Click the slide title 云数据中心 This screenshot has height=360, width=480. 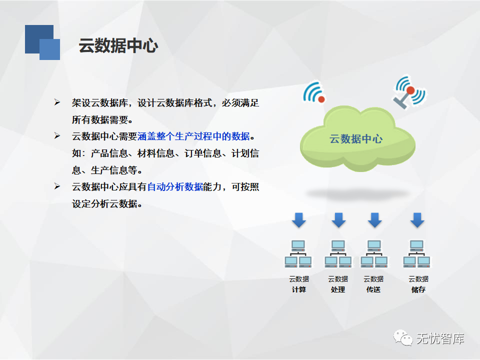(x=118, y=45)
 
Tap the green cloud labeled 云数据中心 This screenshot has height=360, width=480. (x=357, y=138)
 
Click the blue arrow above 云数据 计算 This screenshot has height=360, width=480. (x=299, y=220)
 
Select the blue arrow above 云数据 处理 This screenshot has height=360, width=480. (x=338, y=220)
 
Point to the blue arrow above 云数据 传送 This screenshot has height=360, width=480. (x=374, y=220)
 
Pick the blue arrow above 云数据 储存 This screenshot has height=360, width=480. (x=417, y=220)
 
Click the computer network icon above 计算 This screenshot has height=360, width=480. (x=298, y=254)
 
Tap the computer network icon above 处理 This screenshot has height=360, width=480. (x=338, y=254)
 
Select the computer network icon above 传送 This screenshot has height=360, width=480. (x=374, y=254)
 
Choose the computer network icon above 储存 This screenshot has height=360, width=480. (x=416, y=254)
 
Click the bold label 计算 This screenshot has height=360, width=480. (x=299, y=289)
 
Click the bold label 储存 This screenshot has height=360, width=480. (x=418, y=289)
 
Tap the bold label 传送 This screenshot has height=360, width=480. (x=373, y=289)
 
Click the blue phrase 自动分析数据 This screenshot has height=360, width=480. (x=175, y=186)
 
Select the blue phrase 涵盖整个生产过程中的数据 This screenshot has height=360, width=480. (x=194, y=136)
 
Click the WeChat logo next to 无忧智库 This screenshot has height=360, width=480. (x=403, y=338)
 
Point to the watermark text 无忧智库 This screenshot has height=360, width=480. (x=440, y=338)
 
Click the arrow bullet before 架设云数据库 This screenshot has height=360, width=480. (x=57, y=102)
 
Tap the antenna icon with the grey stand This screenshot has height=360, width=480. (x=408, y=92)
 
